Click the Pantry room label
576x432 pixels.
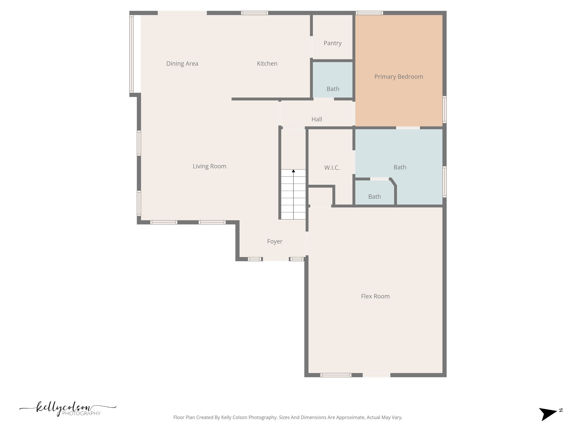[332, 43]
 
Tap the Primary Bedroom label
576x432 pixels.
[399, 77]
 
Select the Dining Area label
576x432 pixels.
[182, 64]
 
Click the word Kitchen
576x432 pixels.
[267, 64]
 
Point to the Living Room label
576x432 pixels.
[210, 166]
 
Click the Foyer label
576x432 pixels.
[274, 241]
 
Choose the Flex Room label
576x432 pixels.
[375, 296]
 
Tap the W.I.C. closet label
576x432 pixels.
[332, 168]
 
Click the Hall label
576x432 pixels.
[317, 119]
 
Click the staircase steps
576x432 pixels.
[293, 197]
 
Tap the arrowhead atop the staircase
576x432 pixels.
[293, 171]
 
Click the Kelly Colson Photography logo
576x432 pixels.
[67, 409]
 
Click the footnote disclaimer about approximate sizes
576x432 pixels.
[288, 417]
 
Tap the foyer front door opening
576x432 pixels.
[276, 259]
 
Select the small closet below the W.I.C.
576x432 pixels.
[320, 196]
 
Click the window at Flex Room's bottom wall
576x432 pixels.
[336, 375]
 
